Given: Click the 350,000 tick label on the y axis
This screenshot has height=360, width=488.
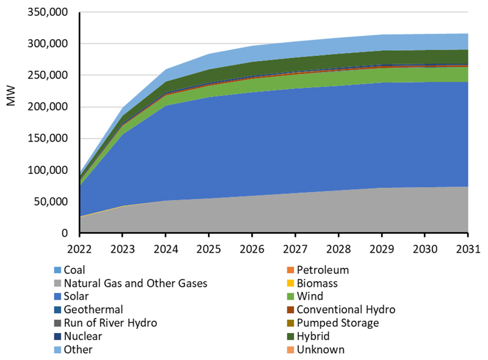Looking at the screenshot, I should pos(47,12).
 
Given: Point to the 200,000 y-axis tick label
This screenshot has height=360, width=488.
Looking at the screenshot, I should pos(47,107).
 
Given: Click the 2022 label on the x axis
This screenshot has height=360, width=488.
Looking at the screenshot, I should pos(79,249).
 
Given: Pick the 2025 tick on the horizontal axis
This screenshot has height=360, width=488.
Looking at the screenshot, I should pos(209,249).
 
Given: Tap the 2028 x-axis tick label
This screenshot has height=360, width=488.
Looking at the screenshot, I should pos(338,249).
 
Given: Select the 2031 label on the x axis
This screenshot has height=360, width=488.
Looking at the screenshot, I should pos(467,249).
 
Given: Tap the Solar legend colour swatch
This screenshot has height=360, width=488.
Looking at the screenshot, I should pos(56,297).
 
